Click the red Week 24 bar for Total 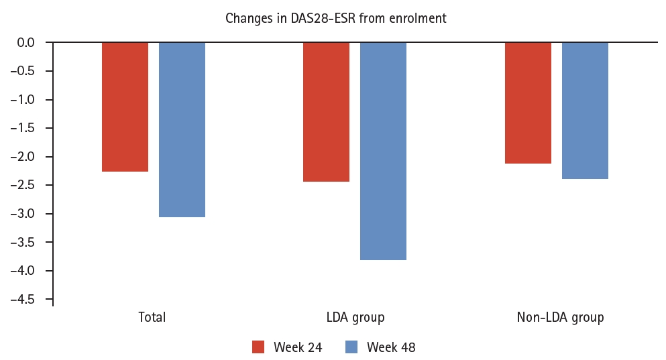(x=125, y=107)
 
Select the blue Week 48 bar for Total (x=182, y=129)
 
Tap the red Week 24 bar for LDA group (x=326, y=112)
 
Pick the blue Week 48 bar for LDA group (x=383, y=151)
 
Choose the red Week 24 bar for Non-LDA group (x=528, y=103)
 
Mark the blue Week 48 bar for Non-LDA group (x=585, y=111)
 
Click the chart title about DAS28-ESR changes (x=335, y=18)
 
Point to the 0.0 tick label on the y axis (x=26, y=43)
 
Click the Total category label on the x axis (x=152, y=317)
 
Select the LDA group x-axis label (x=355, y=317)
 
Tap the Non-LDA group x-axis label (x=560, y=317)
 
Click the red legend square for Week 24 (x=259, y=347)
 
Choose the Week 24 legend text (x=297, y=347)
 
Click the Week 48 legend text (x=391, y=347)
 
